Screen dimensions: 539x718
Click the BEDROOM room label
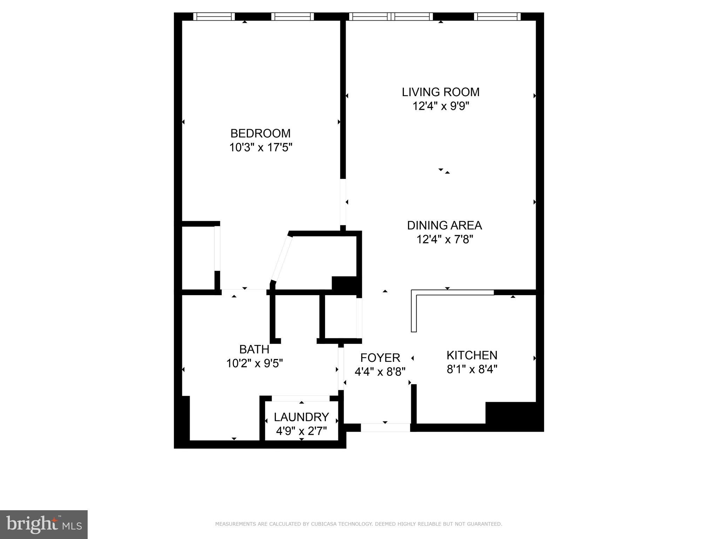(260, 133)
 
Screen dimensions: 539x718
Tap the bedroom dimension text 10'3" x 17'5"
(260, 147)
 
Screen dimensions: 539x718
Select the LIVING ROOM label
(440, 92)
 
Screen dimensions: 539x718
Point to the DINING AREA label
(444, 225)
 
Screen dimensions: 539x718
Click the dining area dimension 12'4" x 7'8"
(445, 239)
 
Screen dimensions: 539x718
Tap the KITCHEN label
(472, 355)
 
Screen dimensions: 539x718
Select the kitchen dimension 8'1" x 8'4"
(472, 369)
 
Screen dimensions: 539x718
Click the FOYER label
(380, 358)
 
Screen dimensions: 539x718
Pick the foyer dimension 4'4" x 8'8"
(380, 372)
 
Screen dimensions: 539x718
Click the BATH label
(254, 349)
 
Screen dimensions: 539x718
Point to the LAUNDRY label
(301, 417)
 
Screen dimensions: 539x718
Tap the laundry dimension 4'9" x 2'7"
(301, 431)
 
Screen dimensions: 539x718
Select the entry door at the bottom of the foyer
(385, 427)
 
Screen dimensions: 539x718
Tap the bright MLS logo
(44, 524)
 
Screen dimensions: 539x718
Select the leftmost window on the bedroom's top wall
(214, 16)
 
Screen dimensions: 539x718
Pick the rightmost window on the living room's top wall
(497, 16)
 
